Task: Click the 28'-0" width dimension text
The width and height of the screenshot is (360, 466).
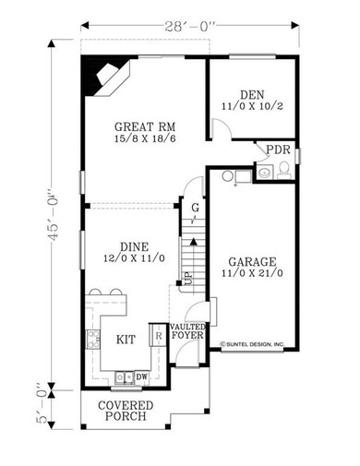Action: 189,27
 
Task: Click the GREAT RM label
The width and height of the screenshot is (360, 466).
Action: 145,126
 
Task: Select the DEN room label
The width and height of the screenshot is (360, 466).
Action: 252,94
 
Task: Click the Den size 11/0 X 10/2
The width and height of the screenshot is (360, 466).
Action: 252,106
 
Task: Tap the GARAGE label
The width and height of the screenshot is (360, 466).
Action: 252,262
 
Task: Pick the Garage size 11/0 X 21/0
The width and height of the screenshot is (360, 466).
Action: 252,273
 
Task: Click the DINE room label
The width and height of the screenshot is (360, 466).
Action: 134,246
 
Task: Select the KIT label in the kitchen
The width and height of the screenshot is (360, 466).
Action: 126,340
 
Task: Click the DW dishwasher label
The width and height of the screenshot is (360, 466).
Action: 141,376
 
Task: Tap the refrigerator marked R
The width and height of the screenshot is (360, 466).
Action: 159,335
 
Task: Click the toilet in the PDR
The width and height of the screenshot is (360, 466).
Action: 283,171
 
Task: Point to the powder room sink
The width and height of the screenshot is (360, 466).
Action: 265,172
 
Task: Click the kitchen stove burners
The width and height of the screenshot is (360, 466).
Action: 93,339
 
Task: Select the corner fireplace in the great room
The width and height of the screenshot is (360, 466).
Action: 105,77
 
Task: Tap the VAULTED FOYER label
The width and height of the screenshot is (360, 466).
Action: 187,331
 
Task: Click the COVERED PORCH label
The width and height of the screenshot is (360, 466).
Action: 126,411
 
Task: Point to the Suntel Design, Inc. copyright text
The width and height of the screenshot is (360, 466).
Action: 252,344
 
